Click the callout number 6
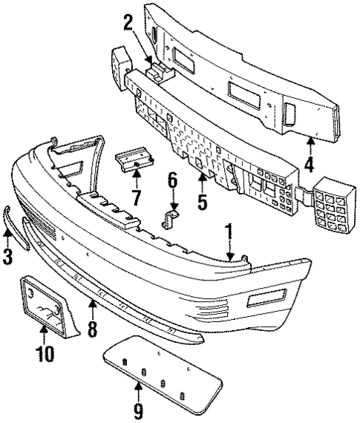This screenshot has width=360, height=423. (x=171, y=180)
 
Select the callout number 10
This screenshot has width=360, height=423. (x=45, y=354)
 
